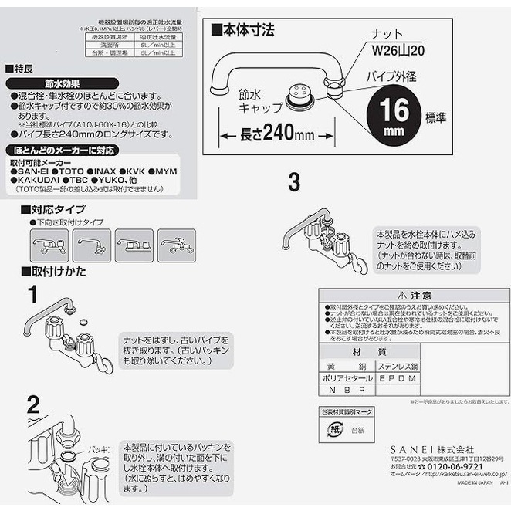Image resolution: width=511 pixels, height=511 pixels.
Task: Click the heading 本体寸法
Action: click(x=245, y=31)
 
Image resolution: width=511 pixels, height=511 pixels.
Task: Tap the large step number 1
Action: click(x=32, y=294)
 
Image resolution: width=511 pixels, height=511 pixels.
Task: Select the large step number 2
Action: click(x=32, y=404)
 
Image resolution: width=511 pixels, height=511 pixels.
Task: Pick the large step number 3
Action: click(x=293, y=183)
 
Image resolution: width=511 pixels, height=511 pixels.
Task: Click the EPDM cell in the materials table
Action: click(x=398, y=378)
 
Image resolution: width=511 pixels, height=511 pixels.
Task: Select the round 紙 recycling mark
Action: click(x=331, y=427)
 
